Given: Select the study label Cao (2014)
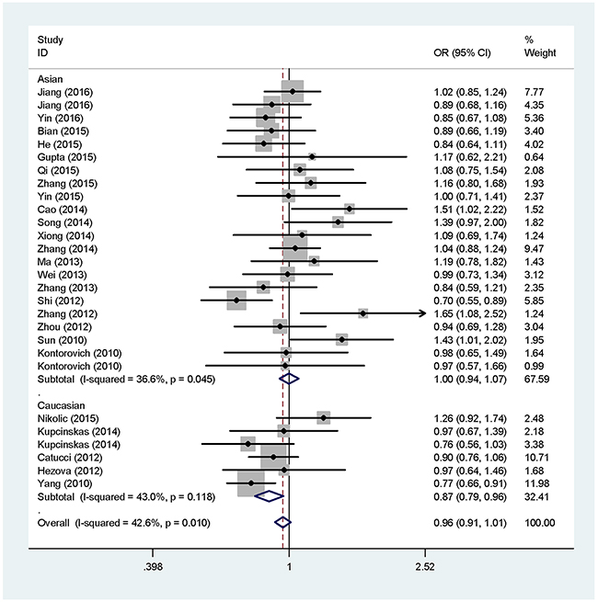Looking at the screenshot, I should [57, 209].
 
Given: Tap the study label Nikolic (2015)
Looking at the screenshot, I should [64, 418].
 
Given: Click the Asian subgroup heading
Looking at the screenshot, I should [50, 79].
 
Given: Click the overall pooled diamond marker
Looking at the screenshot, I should [282, 523].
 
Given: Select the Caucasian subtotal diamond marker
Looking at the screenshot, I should [269, 496].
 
